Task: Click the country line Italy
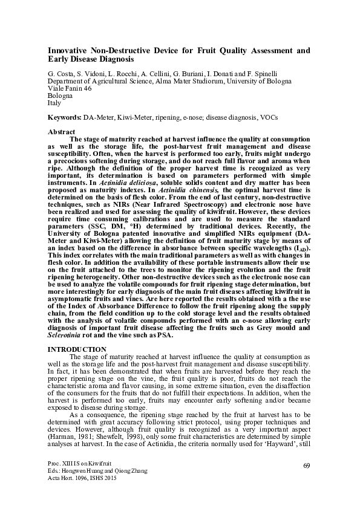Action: (x=54, y=103)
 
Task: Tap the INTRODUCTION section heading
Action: (x=77, y=350)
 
